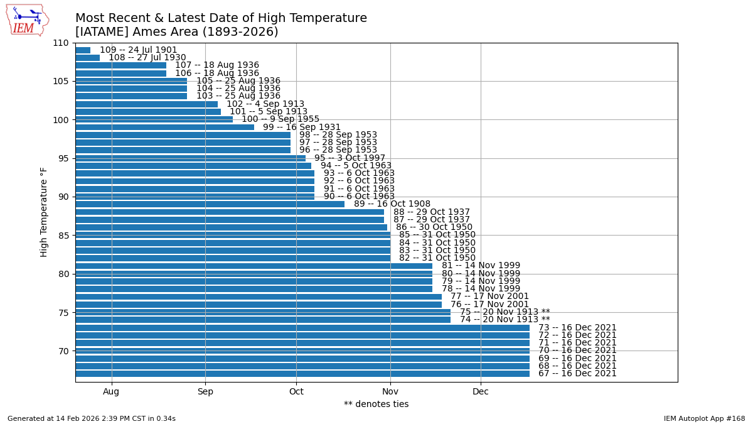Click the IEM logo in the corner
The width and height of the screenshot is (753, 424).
tap(28, 20)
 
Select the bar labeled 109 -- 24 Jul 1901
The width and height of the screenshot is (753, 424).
tap(83, 50)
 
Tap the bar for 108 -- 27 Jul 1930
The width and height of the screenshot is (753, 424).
tap(88, 58)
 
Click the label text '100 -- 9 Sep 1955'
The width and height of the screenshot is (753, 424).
tap(280, 119)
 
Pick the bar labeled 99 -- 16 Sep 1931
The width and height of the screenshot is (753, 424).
tap(164, 127)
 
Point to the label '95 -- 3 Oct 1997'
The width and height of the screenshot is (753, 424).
tap(350, 158)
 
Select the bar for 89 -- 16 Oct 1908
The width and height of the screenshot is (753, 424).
tap(210, 204)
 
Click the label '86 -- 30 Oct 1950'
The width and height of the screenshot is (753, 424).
tap(434, 227)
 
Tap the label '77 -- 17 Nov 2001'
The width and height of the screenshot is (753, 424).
tap(489, 296)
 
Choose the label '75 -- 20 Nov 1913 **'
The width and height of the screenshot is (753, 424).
tap(505, 312)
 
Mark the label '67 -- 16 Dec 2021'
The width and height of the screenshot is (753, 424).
tap(577, 374)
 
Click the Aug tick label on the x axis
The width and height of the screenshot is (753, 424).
tap(112, 392)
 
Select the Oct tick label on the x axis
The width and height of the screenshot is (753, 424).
tap(296, 392)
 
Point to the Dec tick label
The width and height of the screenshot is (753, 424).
tap(481, 392)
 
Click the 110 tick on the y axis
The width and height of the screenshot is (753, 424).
tap(61, 43)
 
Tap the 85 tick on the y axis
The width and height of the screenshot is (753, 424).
tap(63, 236)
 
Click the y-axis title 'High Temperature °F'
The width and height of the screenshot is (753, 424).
tap(44, 212)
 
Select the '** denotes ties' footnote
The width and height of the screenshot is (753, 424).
tap(376, 405)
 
